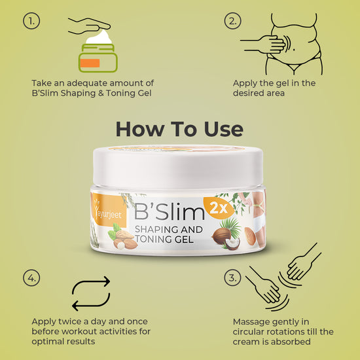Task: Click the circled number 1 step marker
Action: (31, 21)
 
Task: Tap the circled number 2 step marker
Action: (232, 21)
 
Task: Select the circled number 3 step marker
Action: (232, 278)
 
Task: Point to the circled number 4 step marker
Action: (31, 278)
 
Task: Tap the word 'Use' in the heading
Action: (223, 129)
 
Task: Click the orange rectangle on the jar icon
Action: (90, 63)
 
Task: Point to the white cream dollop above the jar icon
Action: (99, 37)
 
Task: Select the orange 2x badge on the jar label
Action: (219, 208)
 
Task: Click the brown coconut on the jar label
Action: (221, 236)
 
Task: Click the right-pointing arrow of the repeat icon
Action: (91, 284)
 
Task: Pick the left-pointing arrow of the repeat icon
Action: (91, 303)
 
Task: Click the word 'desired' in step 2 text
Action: (247, 93)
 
